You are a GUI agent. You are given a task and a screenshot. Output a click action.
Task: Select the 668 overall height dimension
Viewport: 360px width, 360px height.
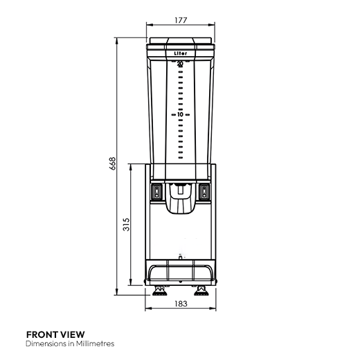pos(111,163)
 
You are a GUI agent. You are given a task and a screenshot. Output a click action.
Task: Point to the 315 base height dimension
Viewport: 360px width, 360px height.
pos(126,226)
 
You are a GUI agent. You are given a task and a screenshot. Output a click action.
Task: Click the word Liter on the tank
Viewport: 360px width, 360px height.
pos(180,53)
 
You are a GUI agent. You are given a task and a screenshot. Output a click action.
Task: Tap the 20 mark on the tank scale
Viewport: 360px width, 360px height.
pos(180,64)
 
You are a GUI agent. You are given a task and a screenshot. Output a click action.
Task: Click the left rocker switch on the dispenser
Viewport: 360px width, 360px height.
pos(156,192)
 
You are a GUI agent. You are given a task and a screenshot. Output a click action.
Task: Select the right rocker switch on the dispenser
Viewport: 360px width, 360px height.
pos(205,192)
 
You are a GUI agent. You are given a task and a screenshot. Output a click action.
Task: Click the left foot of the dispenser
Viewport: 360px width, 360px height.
pos(159,289)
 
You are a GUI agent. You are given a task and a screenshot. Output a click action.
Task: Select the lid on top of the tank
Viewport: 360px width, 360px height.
pos(181,42)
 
